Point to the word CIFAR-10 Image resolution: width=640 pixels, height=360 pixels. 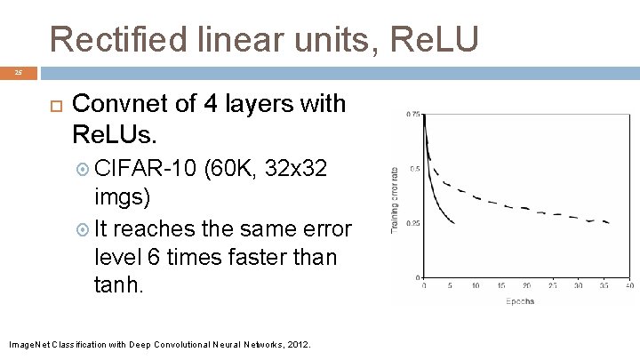(x=144, y=169)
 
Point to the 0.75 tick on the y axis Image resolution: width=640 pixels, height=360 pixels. (x=413, y=115)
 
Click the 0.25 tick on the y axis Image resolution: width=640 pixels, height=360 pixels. (x=413, y=223)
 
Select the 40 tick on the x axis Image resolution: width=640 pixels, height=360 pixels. (x=628, y=285)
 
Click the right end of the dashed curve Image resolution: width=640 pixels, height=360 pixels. (x=610, y=222)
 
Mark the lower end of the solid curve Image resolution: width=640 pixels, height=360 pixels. (x=453, y=223)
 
